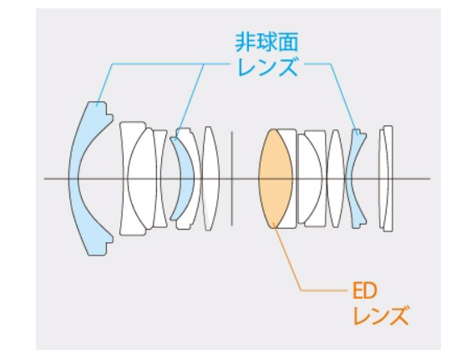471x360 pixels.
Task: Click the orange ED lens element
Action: pos(275,179)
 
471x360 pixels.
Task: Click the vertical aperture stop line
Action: pos(231,179)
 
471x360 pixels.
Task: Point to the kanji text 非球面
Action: pos(266,42)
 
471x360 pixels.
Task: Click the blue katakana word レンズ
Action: pos(267,67)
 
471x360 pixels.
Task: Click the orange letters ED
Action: pos(365,291)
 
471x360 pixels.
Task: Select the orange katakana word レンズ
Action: pos(381,315)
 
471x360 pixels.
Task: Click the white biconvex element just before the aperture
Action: pos(211,179)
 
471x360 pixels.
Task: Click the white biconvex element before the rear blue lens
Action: pos(335,179)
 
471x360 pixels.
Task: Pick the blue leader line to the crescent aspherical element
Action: pos(190,101)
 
